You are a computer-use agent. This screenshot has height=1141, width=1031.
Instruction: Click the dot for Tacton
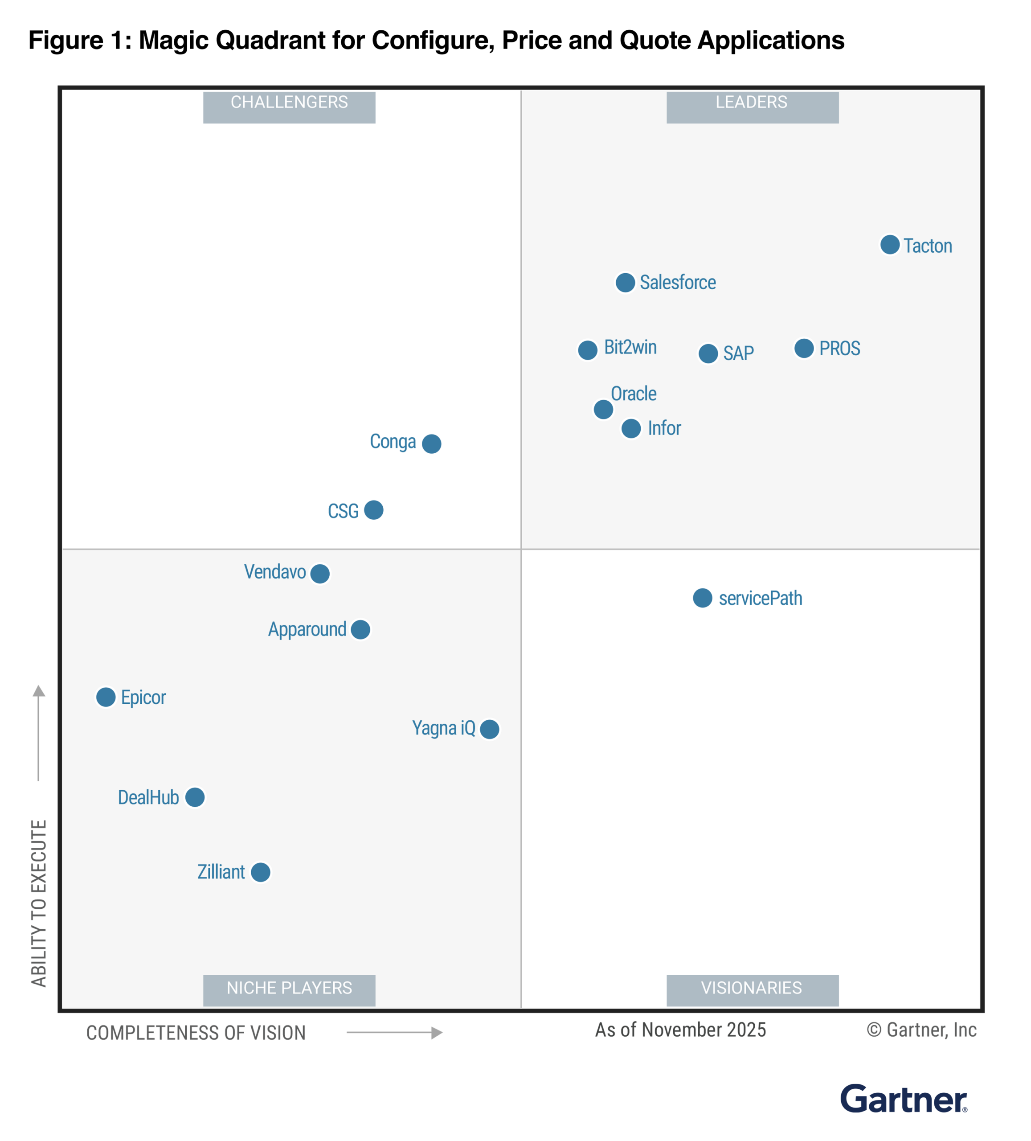coord(889,245)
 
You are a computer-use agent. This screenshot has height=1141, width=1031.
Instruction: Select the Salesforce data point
coord(625,283)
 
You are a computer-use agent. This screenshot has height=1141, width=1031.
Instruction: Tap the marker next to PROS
coord(803,348)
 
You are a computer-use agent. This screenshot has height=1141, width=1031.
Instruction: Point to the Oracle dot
coord(603,409)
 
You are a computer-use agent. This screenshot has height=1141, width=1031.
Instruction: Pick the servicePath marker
coord(702,598)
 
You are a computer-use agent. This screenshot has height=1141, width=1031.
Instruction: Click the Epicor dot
coord(106,697)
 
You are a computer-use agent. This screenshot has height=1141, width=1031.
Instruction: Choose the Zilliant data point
coord(260,872)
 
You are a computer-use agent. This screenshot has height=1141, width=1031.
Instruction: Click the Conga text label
coord(393,441)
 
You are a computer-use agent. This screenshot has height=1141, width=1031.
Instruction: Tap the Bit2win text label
coord(630,347)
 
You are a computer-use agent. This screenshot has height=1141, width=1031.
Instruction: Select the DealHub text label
coord(148,797)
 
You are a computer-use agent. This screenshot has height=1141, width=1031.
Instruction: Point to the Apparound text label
coord(307,629)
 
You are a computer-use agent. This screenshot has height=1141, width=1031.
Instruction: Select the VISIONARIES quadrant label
coord(752,988)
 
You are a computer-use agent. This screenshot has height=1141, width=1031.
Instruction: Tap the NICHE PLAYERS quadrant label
coord(289,988)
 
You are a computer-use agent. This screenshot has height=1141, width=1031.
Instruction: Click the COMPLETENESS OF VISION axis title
coord(196,1033)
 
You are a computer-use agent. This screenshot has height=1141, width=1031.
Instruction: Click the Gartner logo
coord(903,1099)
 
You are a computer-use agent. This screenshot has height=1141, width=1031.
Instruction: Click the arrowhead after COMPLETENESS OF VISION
coord(436,1033)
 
